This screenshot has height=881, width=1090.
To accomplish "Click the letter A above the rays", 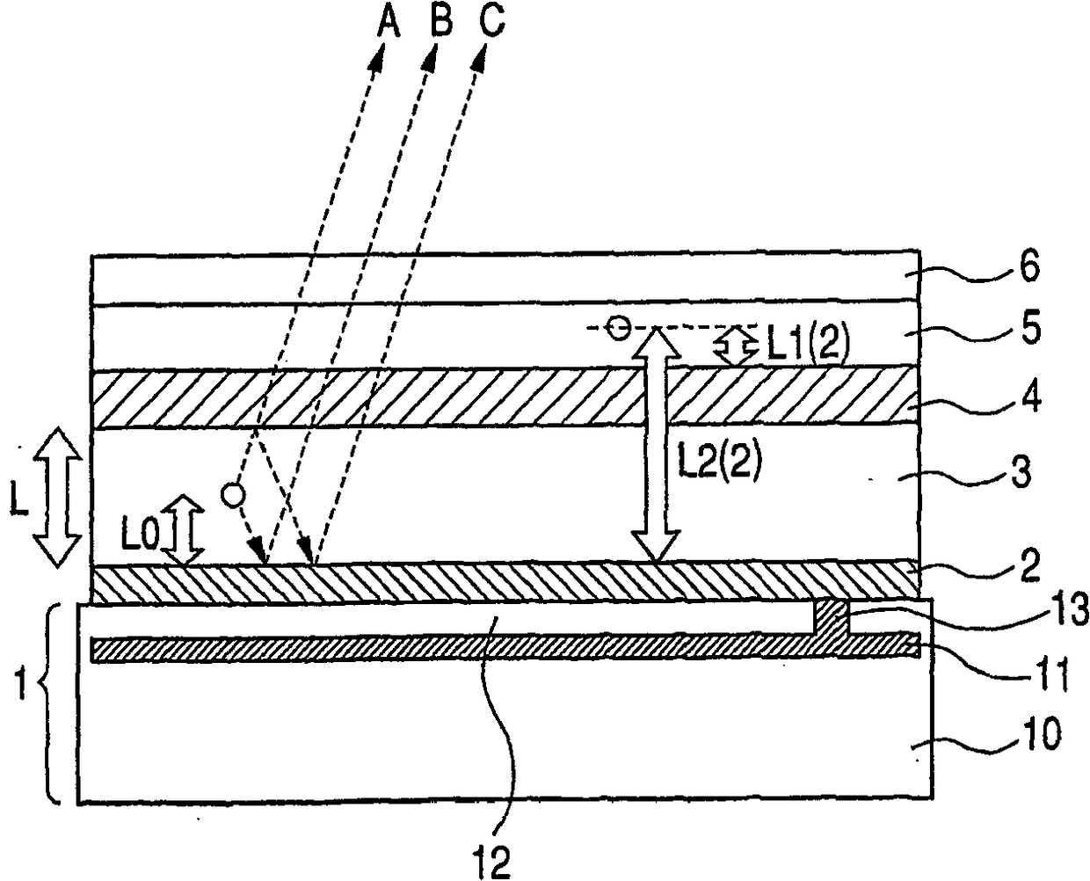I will tap(388, 23).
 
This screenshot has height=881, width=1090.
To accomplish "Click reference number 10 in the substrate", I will tap(1041, 733).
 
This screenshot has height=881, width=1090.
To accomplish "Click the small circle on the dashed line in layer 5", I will tap(620, 328).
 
